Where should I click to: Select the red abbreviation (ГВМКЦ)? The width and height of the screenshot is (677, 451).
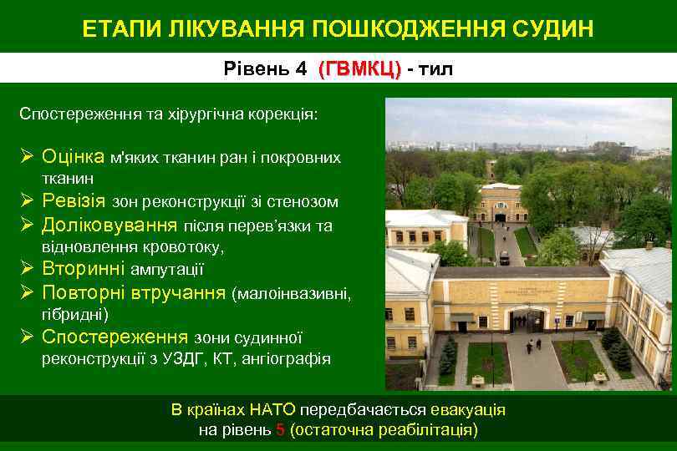tap(359, 69)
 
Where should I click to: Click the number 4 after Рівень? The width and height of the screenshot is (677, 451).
tap(301, 69)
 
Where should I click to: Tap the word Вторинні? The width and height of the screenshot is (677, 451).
tap(82, 270)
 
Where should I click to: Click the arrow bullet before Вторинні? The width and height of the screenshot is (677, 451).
tap(27, 270)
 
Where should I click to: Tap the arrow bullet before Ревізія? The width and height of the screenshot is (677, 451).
tap(27, 201)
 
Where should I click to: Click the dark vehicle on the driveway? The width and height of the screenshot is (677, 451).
tap(504, 258)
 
